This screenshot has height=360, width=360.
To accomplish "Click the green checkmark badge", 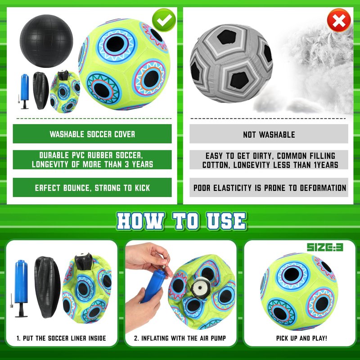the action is pos(164,20).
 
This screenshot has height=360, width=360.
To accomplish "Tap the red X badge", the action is pos(339,20).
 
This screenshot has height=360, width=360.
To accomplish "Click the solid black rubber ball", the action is pos(46,41).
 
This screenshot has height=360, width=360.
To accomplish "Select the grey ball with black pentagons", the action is pos(231,63).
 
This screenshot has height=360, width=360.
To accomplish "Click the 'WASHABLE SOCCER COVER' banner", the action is pos(92,134).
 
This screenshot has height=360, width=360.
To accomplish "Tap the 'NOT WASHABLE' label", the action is pos(269,135).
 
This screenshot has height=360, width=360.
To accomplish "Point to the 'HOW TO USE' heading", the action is pos(181,221).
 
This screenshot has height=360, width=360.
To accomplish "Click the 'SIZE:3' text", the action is pos(325,247).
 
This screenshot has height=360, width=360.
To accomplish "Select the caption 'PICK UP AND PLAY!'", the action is pos(301,338).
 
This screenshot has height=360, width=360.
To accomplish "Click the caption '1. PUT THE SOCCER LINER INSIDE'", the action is pos(61,338).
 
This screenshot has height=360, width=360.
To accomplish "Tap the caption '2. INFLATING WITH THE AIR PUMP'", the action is pos(180,338).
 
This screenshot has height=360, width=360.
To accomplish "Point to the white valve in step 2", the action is pos(200,288).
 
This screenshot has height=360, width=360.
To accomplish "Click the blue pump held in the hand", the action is pos(153,286).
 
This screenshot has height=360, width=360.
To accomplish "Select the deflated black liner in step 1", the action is pos(48,287).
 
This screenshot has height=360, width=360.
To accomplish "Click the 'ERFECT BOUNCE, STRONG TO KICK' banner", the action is pos(92,188).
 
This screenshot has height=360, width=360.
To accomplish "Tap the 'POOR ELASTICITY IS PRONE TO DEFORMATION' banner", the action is pos(269,188).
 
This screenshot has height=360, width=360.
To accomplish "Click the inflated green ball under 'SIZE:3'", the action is pos(299,292).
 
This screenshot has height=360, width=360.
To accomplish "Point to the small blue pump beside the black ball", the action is pos(25,91).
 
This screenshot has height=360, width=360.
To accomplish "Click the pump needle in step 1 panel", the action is pos(11,300).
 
